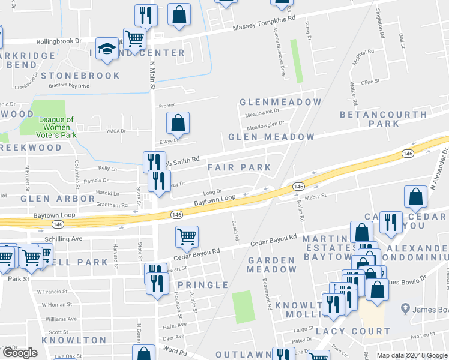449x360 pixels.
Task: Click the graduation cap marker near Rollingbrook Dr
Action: click(107, 49)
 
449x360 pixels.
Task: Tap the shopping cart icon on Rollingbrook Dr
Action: click(134, 38)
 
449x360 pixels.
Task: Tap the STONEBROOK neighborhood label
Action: click(80, 76)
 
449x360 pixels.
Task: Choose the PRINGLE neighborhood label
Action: click(203, 285)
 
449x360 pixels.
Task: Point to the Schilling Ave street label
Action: click(63, 239)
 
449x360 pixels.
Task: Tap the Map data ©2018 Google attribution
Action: click(411, 355)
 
